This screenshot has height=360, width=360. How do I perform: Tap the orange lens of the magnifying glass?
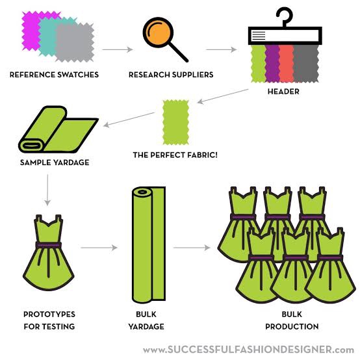pos(158,32)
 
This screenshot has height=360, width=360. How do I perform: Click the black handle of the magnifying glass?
pos(179,53)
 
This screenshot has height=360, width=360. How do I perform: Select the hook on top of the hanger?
pos(285,16)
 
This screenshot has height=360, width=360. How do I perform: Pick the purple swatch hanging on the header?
pos(272,64)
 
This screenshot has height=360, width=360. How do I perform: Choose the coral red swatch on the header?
pos(287,64)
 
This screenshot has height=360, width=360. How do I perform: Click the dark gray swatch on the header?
pos(306,64)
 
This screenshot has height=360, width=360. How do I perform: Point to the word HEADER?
pos(283,92)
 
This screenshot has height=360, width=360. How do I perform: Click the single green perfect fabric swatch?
pos(176,122)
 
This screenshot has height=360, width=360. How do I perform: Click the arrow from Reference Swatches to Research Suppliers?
pos(118,49)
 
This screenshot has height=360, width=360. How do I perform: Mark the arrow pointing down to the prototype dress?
pos(47,190)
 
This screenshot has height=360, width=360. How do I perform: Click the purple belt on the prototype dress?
pos(49,245)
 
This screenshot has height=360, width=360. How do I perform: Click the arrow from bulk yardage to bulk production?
pos(192,248)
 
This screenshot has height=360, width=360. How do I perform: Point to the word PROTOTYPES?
pos(49,315)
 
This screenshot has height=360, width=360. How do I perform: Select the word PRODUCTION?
pos(292,326)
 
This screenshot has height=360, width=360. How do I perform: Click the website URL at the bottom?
pos(248,350)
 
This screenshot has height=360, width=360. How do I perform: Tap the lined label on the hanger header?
pos(259,35)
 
